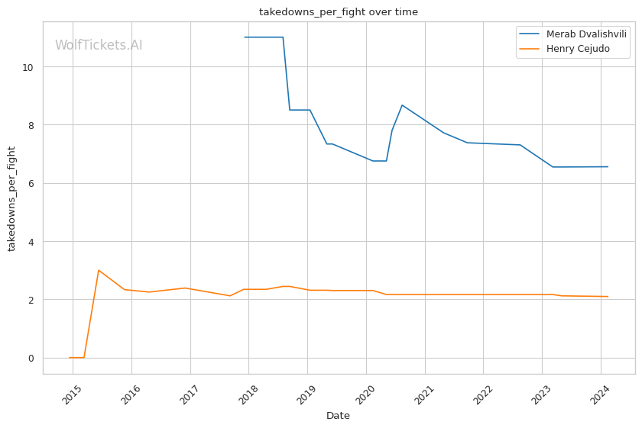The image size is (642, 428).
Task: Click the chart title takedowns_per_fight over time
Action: point(339,12)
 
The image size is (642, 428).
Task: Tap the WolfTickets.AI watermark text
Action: point(99,46)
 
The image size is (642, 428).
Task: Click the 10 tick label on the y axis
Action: point(29,67)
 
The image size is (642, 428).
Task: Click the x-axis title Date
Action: point(339,416)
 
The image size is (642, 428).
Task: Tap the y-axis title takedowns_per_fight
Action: point(12,198)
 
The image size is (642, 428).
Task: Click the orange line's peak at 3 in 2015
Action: point(99,270)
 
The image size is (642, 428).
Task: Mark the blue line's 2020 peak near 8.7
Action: point(402,105)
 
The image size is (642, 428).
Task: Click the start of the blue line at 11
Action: point(245,37)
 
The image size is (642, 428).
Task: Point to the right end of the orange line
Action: point(608,297)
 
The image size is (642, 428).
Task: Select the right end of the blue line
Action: point(608,166)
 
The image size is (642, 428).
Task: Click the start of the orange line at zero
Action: point(70,358)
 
